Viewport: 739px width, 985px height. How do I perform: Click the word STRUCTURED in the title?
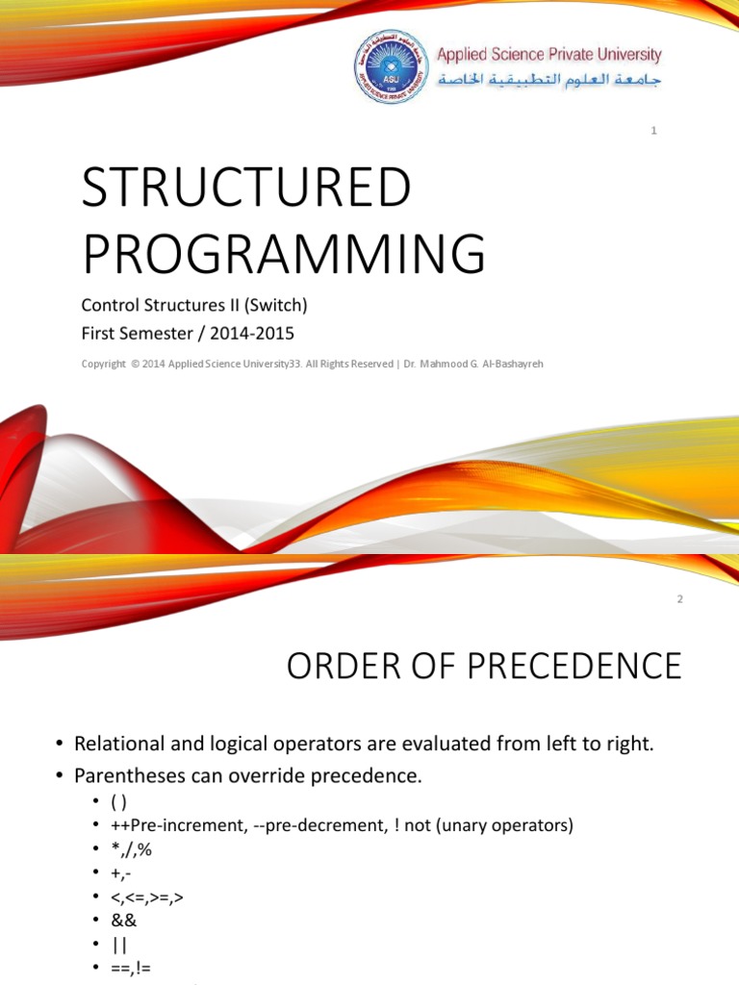point(246,188)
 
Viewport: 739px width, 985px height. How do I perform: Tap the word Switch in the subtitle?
point(278,307)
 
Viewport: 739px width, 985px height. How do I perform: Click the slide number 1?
point(653,130)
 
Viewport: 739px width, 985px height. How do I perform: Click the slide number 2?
point(679,598)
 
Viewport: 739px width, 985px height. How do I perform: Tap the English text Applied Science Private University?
point(549,55)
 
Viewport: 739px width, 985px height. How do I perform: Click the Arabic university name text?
point(549,80)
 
